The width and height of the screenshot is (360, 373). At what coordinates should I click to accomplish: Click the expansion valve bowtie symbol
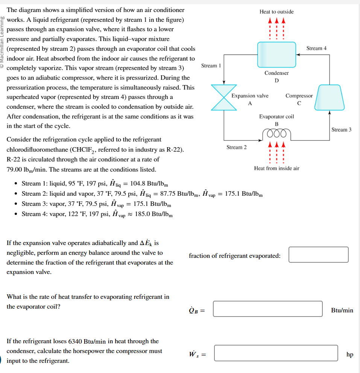[x=224, y=97]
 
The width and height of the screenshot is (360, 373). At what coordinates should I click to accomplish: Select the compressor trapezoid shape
[x=329, y=97]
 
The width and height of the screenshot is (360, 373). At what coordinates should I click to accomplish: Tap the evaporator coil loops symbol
[x=276, y=134]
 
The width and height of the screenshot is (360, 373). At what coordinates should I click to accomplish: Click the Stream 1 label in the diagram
[x=211, y=66]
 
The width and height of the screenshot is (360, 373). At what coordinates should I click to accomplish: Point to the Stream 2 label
[x=237, y=147]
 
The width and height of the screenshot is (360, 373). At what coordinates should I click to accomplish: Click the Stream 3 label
[x=342, y=130]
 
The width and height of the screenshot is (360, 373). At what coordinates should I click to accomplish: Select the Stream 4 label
[x=316, y=48]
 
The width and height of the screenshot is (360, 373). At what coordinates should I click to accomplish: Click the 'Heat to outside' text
[x=276, y=12]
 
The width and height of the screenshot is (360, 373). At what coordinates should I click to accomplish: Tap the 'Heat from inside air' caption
[x=276, y=168]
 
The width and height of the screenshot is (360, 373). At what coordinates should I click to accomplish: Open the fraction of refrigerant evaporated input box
[x=319, y=255]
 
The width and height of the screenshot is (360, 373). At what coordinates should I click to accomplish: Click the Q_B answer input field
[x=268, y=309]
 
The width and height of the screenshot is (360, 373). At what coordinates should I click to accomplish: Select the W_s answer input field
[x=276, y=353]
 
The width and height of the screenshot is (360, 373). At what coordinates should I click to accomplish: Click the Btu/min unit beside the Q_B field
[x=342, y=311]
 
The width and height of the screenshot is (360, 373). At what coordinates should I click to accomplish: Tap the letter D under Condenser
[x=276, y=80]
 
